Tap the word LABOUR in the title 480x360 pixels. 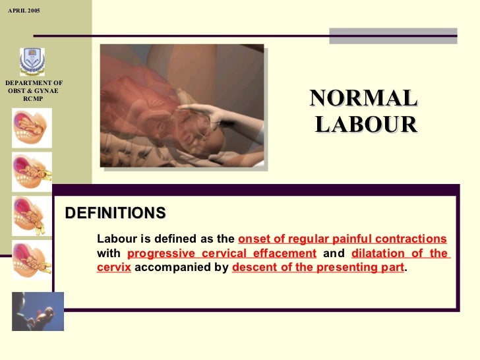pos(366,124)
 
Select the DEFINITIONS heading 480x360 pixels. pos(115,213)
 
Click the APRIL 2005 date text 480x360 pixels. pos(24,12)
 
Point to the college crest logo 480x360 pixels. pos(31,61)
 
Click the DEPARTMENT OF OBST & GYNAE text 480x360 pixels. pos(34,86)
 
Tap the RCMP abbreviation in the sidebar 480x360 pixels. pos(32,99)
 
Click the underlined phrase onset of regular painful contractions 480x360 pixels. pos(342,239)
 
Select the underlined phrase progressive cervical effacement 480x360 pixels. pos(222,254)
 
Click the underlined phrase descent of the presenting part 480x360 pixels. pos(318,268)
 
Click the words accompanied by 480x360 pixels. pos(181,268)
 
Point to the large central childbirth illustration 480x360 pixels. pos(181,106)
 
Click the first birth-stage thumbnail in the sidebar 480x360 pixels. pos(32,127)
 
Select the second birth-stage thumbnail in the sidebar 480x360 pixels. pos(32,171)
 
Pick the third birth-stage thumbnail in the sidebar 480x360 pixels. pos(32,216)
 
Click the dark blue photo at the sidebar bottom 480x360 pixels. pos(38,311)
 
